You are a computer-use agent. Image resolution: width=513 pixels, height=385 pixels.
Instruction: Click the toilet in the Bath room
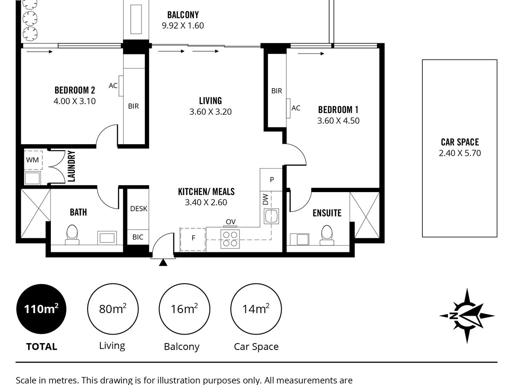[x=72, y=234]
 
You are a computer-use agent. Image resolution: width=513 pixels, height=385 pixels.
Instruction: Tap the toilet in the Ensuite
[x=327, y=235]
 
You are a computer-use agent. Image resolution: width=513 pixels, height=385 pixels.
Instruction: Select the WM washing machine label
[x=32, y=160]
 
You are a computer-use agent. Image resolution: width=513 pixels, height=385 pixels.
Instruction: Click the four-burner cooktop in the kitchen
[x=230, y=239]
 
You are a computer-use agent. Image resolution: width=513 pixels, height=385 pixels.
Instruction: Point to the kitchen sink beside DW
[x=271, y=216]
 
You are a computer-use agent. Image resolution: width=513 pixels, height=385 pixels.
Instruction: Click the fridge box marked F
[x=193, y=240]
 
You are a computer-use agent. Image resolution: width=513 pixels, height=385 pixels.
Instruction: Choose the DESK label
[x=139, y=208]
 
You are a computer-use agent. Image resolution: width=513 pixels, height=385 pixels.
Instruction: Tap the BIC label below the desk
[x=138, y=237]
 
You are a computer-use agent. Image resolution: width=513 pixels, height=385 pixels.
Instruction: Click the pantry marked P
[x=271, y=180]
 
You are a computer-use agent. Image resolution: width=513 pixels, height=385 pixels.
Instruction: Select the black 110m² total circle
[x=41, y=309]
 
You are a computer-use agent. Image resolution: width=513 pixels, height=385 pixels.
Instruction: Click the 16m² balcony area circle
[x=184, y=309]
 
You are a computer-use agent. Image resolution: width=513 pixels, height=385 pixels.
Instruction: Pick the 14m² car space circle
[x=256, y=309]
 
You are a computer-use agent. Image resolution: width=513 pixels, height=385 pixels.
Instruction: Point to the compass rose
[x=467, y=316]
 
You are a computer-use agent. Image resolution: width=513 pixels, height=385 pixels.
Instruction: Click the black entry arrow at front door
[x=163, y=263]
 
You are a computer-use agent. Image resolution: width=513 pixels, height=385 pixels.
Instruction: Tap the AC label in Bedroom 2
[x=113, y=86]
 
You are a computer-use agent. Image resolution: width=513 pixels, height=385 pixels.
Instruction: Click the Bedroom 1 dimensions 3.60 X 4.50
[x=338, y=121]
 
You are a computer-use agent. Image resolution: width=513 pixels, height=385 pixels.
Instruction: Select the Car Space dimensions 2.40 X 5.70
[x=460, y=153]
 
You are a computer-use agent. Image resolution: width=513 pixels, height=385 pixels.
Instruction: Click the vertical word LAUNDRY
[x=71, y=166]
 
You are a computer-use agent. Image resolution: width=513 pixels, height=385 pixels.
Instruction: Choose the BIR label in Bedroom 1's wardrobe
[x=277, y=91]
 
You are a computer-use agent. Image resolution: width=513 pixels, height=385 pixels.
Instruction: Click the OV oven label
[x=231, y=222]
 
